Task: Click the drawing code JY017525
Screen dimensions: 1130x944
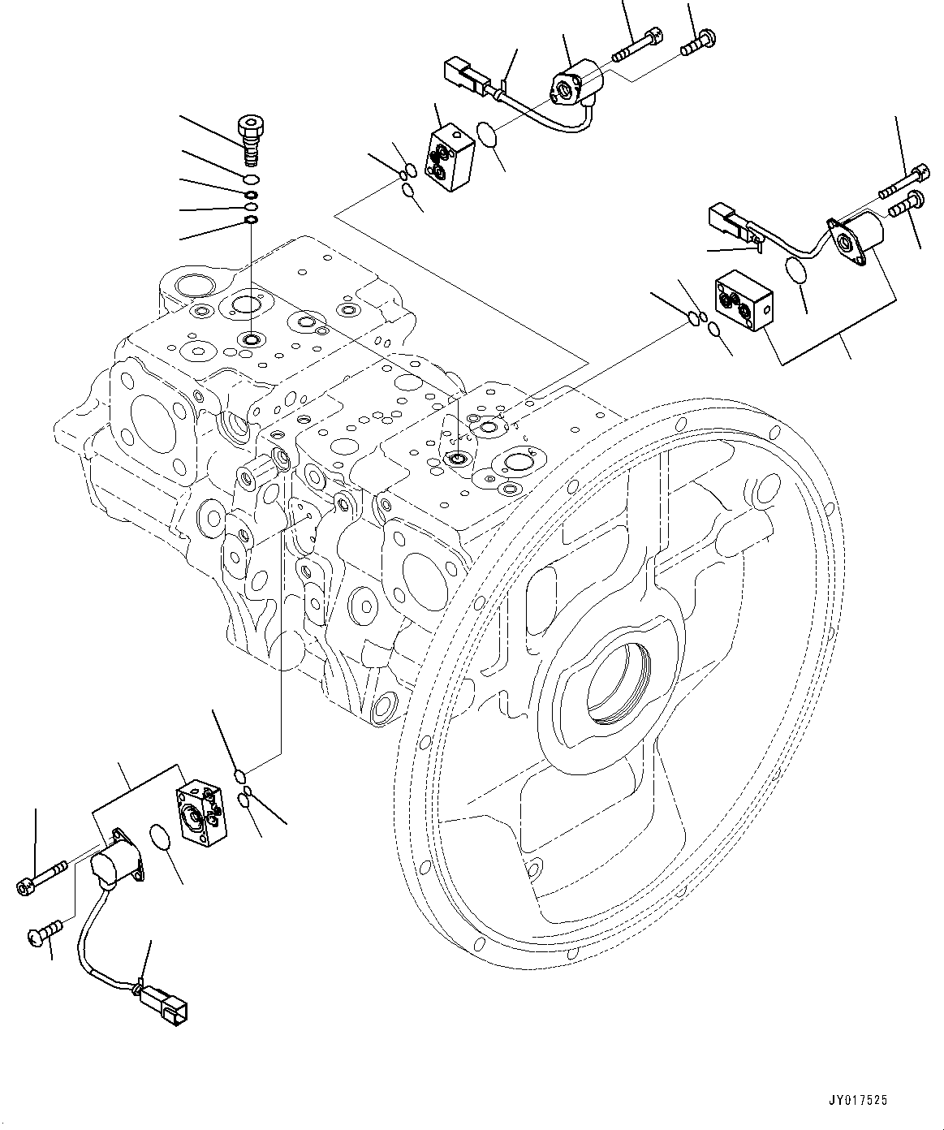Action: (858, 1101)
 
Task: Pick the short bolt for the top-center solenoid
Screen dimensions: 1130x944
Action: (694, 41)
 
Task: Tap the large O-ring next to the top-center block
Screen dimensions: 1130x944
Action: (488, 135)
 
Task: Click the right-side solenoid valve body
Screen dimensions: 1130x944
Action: (856, 235)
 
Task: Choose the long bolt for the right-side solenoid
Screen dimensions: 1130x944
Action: (903, 181)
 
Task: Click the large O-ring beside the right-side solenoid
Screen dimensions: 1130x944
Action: (797, 270)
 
